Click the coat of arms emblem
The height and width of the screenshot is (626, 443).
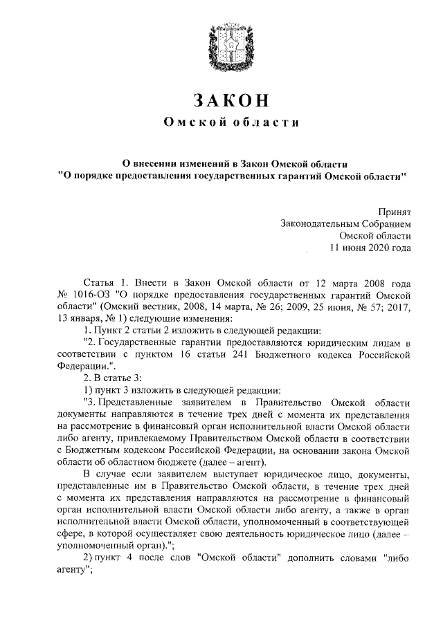click(x=230, y=46)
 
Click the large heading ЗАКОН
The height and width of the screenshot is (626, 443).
click(x=230, y=100)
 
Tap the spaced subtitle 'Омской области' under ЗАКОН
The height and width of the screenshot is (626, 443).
click(x=230, y=123)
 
